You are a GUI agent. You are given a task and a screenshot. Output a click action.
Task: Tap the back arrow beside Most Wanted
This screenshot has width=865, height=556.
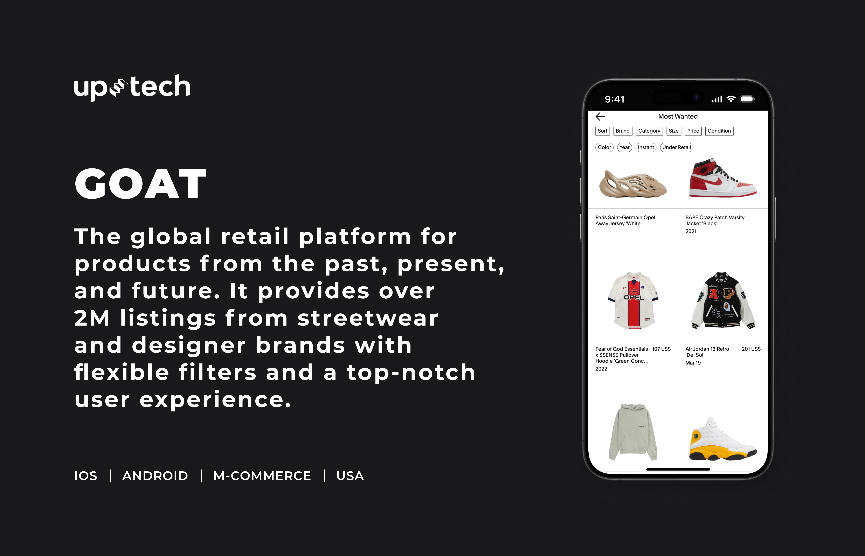click(x=600, y=116)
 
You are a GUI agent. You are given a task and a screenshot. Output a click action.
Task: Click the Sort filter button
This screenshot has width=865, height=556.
click(x=602, y=131)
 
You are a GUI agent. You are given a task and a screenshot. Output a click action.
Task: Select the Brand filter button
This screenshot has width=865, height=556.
click(x=622, y=131)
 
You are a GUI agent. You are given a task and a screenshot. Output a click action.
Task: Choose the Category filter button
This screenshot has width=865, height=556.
click(x=649, y=131)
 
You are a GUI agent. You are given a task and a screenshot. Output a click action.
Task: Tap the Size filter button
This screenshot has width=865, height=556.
click(x=673, y=131)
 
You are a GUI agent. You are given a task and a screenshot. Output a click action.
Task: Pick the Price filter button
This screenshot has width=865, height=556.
click(x=693, y=131)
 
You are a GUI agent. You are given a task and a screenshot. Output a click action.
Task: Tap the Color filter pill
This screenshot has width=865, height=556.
click(x=604, y=147)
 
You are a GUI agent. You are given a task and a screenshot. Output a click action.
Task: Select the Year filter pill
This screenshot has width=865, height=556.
click(x=624, y=147)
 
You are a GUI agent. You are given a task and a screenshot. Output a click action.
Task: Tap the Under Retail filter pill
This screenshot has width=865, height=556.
click(x=677, y=147)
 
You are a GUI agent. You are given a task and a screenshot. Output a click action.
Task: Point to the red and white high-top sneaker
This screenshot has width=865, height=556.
click(x=722, y=178)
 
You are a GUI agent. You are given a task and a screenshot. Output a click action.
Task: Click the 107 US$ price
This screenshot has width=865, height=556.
click(x=661, y=349)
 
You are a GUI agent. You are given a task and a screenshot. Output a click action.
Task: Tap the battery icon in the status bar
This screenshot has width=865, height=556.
click(x=747, y=99)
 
